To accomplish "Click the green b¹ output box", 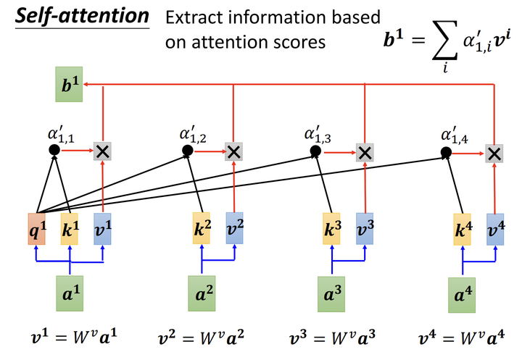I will (69, 86).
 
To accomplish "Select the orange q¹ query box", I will (37, 228).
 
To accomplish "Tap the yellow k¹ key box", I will (70, 228).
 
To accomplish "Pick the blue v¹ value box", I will (103, 228).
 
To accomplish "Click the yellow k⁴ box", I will (462, 228).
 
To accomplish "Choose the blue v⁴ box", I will (495, 228).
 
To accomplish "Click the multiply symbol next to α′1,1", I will (103, 151).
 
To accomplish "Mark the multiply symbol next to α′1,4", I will (494, 153).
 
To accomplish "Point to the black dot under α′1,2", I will (186, 151).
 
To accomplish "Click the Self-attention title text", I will (81, 16).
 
